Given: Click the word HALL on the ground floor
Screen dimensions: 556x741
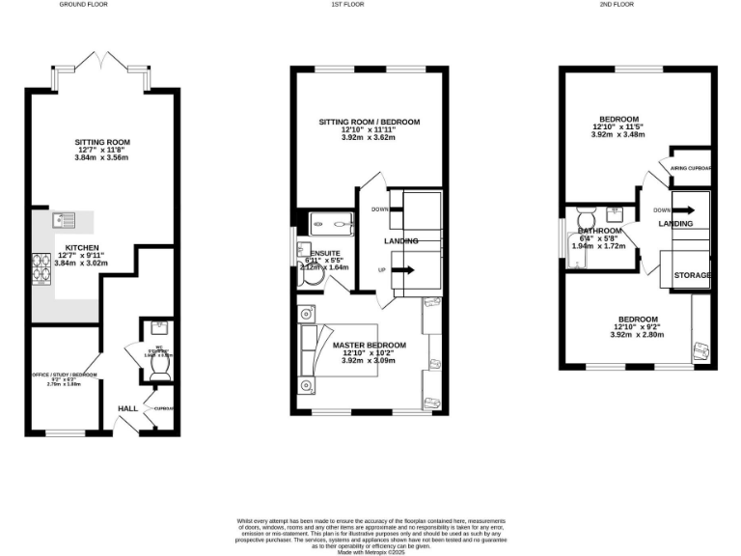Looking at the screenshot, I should [x=127, y=409].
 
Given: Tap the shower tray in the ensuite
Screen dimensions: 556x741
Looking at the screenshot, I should [x=332, y=225].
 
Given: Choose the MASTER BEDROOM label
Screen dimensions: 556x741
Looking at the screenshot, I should [x=369, y=345].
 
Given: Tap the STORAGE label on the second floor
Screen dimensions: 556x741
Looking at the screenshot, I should [x=692, y=276].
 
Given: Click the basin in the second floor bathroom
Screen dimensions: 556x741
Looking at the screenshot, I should [x=614, y=214].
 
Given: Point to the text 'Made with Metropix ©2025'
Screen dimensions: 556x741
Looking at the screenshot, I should [x=370, y=551].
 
